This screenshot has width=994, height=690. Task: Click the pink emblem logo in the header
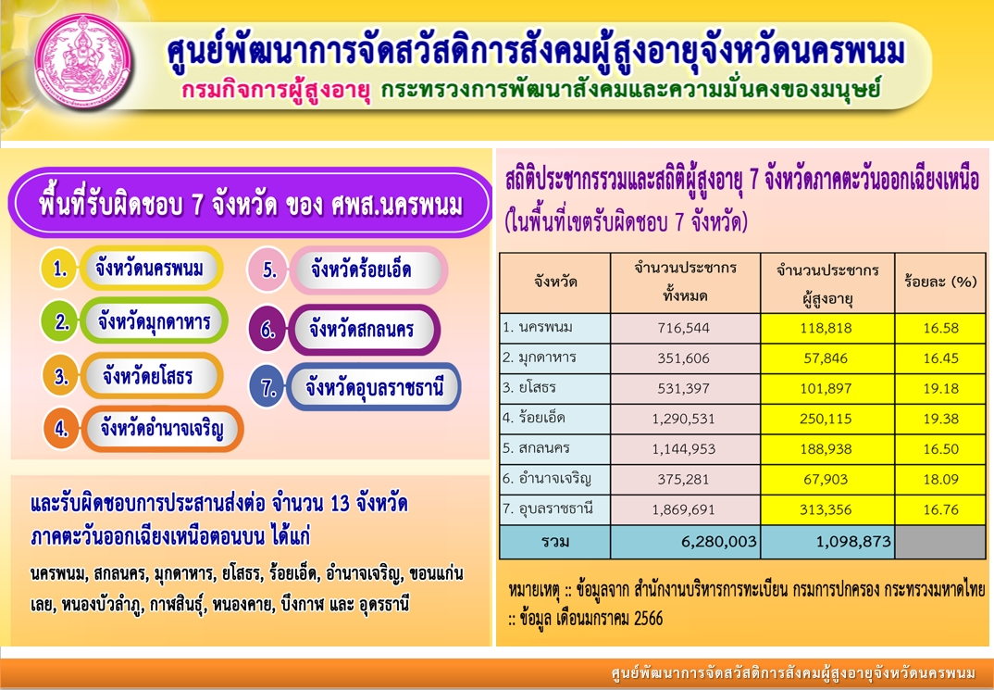click(x=83, y=63)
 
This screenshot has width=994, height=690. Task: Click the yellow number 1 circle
click(x=59, y=269)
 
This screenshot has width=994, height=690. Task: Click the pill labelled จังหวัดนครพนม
click(x=150, y=269)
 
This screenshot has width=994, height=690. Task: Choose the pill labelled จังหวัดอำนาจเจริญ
click(x=162, y=430)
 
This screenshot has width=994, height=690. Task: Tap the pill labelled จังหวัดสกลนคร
click(x=363, y=329)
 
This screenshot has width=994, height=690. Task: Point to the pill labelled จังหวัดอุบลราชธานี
click(x=373, y=387)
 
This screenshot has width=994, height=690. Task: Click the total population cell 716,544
click(x=685, y=329)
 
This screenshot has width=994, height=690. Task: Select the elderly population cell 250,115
click(x=826, y=420)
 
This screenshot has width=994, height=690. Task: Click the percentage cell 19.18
click(x=940, y=389)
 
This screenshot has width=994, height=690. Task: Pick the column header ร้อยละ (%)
click(x=940, y=282)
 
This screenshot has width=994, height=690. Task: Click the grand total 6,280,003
click(x=719, y=542)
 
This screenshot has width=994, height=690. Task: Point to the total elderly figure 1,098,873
click(x=853, y=542)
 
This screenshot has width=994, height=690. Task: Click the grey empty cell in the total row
click(x=940, y=542)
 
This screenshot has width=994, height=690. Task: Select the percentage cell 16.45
click(x=940, y=359)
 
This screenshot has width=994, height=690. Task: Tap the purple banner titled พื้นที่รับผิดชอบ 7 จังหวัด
click(x=250, y=204)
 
